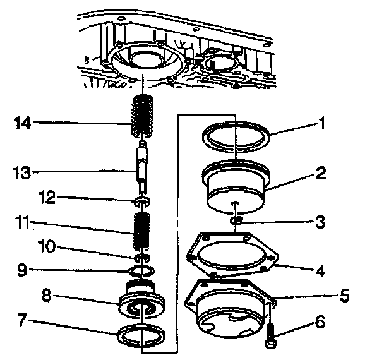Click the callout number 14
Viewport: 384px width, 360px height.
22,123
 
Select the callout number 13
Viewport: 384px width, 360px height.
21,172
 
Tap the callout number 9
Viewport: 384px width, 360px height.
22,270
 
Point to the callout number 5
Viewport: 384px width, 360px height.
345,296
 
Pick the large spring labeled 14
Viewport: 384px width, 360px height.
143,116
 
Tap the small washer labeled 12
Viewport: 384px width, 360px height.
142,201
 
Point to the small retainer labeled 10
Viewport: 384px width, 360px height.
142,258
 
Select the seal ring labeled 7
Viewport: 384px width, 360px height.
141,335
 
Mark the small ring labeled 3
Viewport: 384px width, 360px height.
235,220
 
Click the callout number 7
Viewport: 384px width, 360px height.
22,320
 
